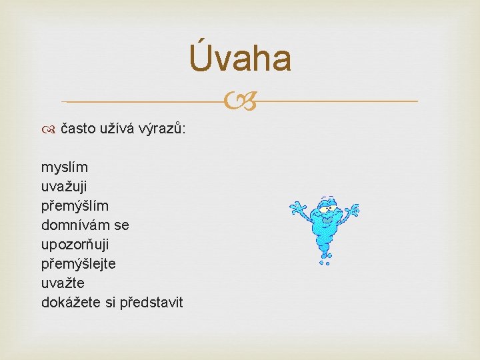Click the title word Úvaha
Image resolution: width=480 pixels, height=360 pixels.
[x=240, y=58]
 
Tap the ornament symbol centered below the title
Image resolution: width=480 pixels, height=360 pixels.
[x=240, y=101]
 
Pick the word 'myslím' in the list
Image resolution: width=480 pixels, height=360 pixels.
[x=64, y=167]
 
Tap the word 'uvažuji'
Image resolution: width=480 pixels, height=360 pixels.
[x=67, y=186]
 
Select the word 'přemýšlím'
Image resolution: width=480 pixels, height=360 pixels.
[x=75, y=205]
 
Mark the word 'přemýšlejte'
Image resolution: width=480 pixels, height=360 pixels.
[x=79, y=263]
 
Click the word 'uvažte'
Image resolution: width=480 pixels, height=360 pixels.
[x=63, y=283]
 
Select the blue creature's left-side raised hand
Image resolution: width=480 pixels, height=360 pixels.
[x=297, y=209]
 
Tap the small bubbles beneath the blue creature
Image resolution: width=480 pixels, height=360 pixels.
[x=325, y=262]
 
